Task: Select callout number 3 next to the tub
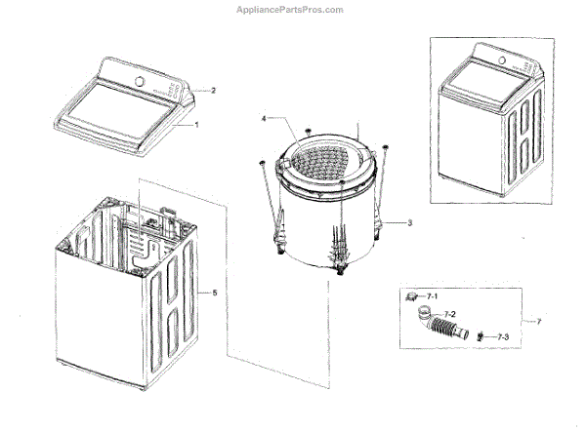[x=410, y=223]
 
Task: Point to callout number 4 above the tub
[x=263, y=118]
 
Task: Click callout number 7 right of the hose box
[x=536, y=321]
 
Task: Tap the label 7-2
[x=448, y=314]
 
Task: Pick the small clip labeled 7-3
[x=484, y=337]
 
